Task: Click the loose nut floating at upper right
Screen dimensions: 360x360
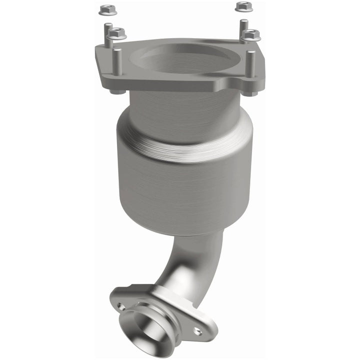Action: [243, 6]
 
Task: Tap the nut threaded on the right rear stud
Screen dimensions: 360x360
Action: [250, 35]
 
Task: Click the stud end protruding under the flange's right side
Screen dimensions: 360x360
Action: [251, 93]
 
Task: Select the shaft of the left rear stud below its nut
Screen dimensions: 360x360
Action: [108, 40]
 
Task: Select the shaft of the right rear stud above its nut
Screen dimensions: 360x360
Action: [243, 25]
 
